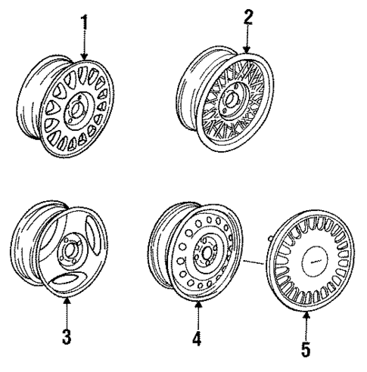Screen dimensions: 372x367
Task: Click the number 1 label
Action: pyautogui.click(x=85, y=20)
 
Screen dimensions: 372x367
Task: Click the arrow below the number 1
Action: pyautogui.click(x=85, y=45)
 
